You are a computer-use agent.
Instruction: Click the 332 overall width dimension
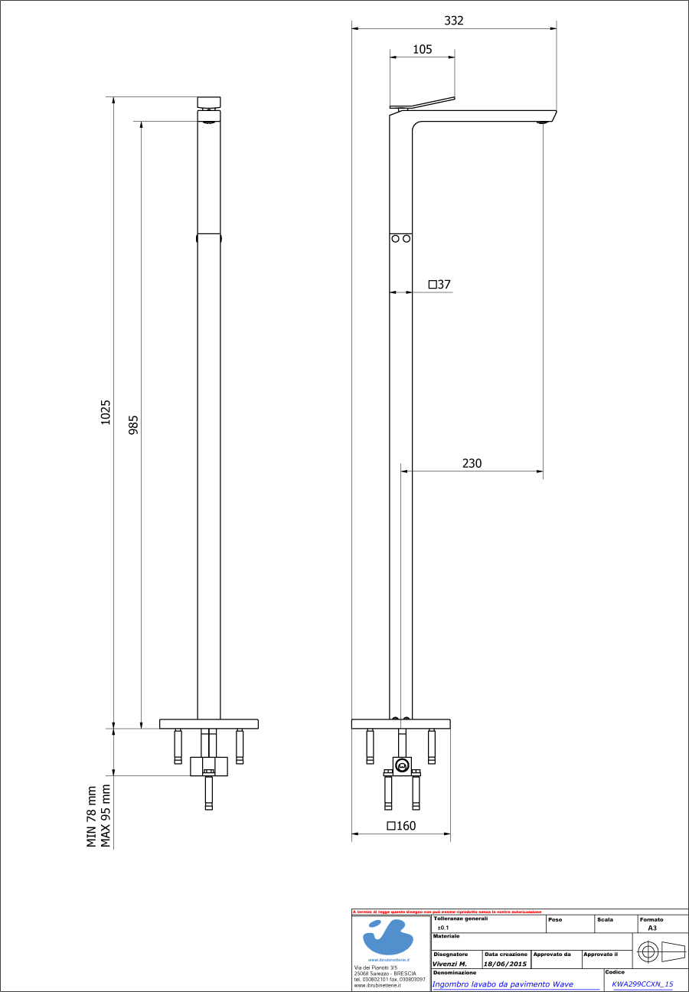point(454,21)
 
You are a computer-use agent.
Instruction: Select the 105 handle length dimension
point(422,49)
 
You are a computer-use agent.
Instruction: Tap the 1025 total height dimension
point(106,412)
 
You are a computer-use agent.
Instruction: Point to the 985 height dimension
point(133,425)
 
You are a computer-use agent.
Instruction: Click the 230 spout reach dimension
point(472,463)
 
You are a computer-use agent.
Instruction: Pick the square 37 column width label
point(439,285)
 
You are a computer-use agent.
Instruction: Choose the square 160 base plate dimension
point(400,826)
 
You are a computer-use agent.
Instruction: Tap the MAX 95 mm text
point(106,816)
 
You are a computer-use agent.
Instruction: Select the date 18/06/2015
point(505,964)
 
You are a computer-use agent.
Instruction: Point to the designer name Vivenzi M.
point(449,964)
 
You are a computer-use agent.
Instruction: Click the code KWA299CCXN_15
point(642,984)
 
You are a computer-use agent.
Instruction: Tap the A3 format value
point(652,928)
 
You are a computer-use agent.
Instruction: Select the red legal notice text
point(447,912)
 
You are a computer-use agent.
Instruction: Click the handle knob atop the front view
point(209,102)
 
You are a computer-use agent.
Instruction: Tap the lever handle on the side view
point(422,103)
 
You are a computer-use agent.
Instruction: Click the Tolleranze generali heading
point(460,919)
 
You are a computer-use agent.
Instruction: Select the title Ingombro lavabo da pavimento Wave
point(502,984)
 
